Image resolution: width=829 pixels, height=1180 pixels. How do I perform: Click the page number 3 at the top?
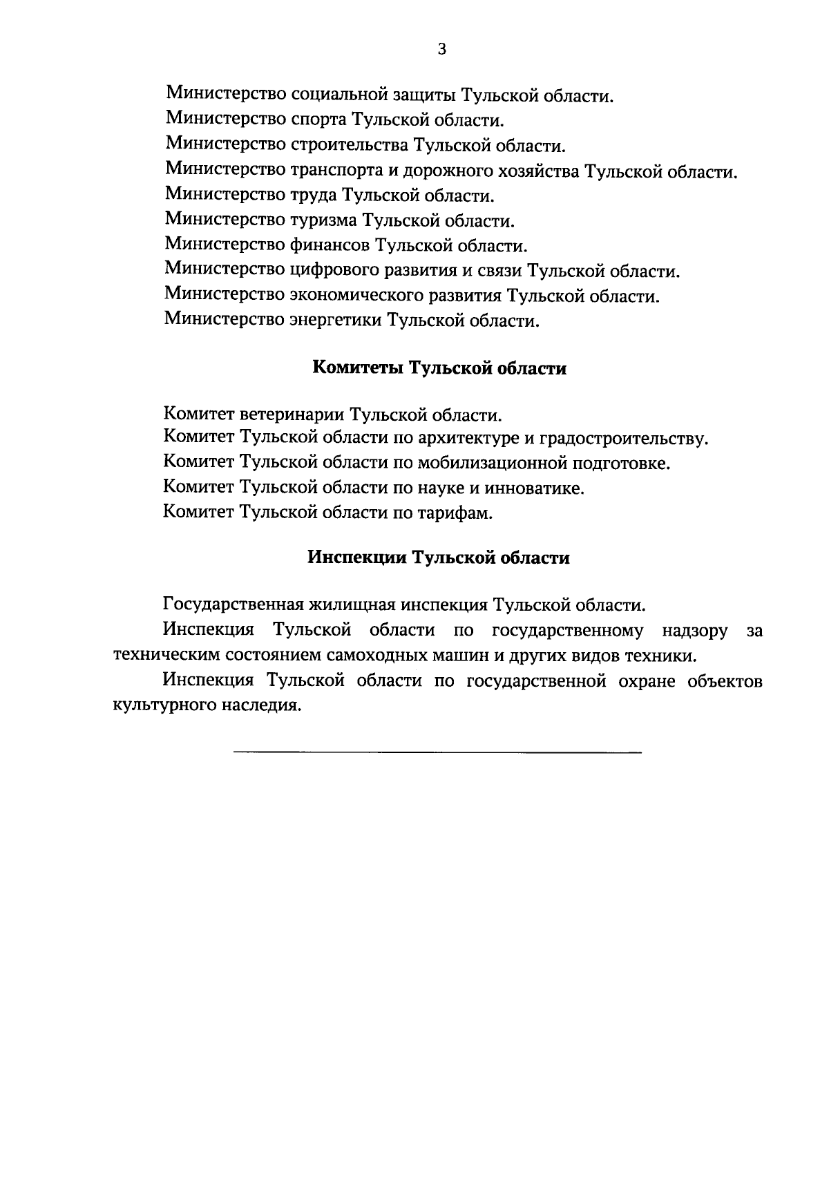pyautogui.click(x=442, y=48)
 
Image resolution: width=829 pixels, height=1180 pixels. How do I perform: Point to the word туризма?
pyautogui.click(x=323, y=220)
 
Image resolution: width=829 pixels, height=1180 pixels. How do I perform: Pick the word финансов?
pyautogui.click(x=329, y=245)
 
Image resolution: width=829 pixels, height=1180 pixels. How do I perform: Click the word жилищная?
pyautogui.click(x=352, y=605)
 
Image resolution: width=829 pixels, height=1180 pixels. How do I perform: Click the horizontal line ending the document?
pyautogui.click(x=437, y=751)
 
